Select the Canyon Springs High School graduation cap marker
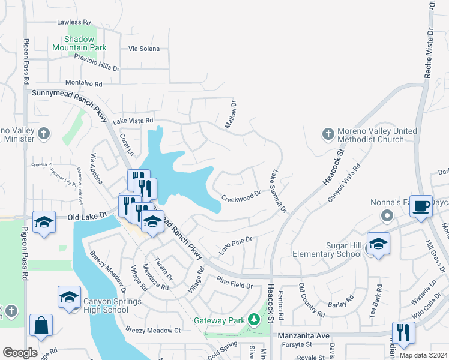click(69, 298)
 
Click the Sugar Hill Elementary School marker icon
click(378, 244)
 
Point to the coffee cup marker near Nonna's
click(421, 205)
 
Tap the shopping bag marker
click(42, 326)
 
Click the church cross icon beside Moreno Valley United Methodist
click(328, 134)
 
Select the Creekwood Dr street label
click(241, 196)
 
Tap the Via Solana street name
click(143, 49)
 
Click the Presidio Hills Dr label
click(97, 63)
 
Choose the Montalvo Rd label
click(83, 84)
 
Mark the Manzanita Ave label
click(306, 336)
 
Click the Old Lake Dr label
click(87, 214)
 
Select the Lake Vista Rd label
click(129, 121)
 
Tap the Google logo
click(20, 353)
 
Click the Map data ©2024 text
click(423, 355)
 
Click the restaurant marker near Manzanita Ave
click(403, 333)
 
